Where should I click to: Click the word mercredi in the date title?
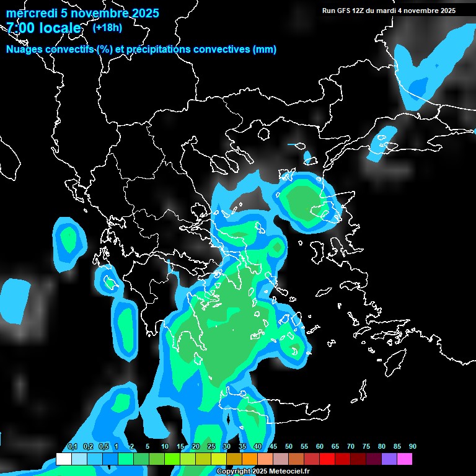29,13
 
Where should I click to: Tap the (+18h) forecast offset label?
107,27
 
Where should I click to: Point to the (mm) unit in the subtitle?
265,50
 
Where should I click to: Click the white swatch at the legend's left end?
63,459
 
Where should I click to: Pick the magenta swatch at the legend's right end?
404,459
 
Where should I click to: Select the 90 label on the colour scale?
412,447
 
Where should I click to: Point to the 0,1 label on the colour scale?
73,447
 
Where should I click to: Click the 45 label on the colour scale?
273,447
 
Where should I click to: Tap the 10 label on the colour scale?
165,447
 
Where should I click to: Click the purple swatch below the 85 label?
389,459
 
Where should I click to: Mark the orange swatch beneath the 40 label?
249,459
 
